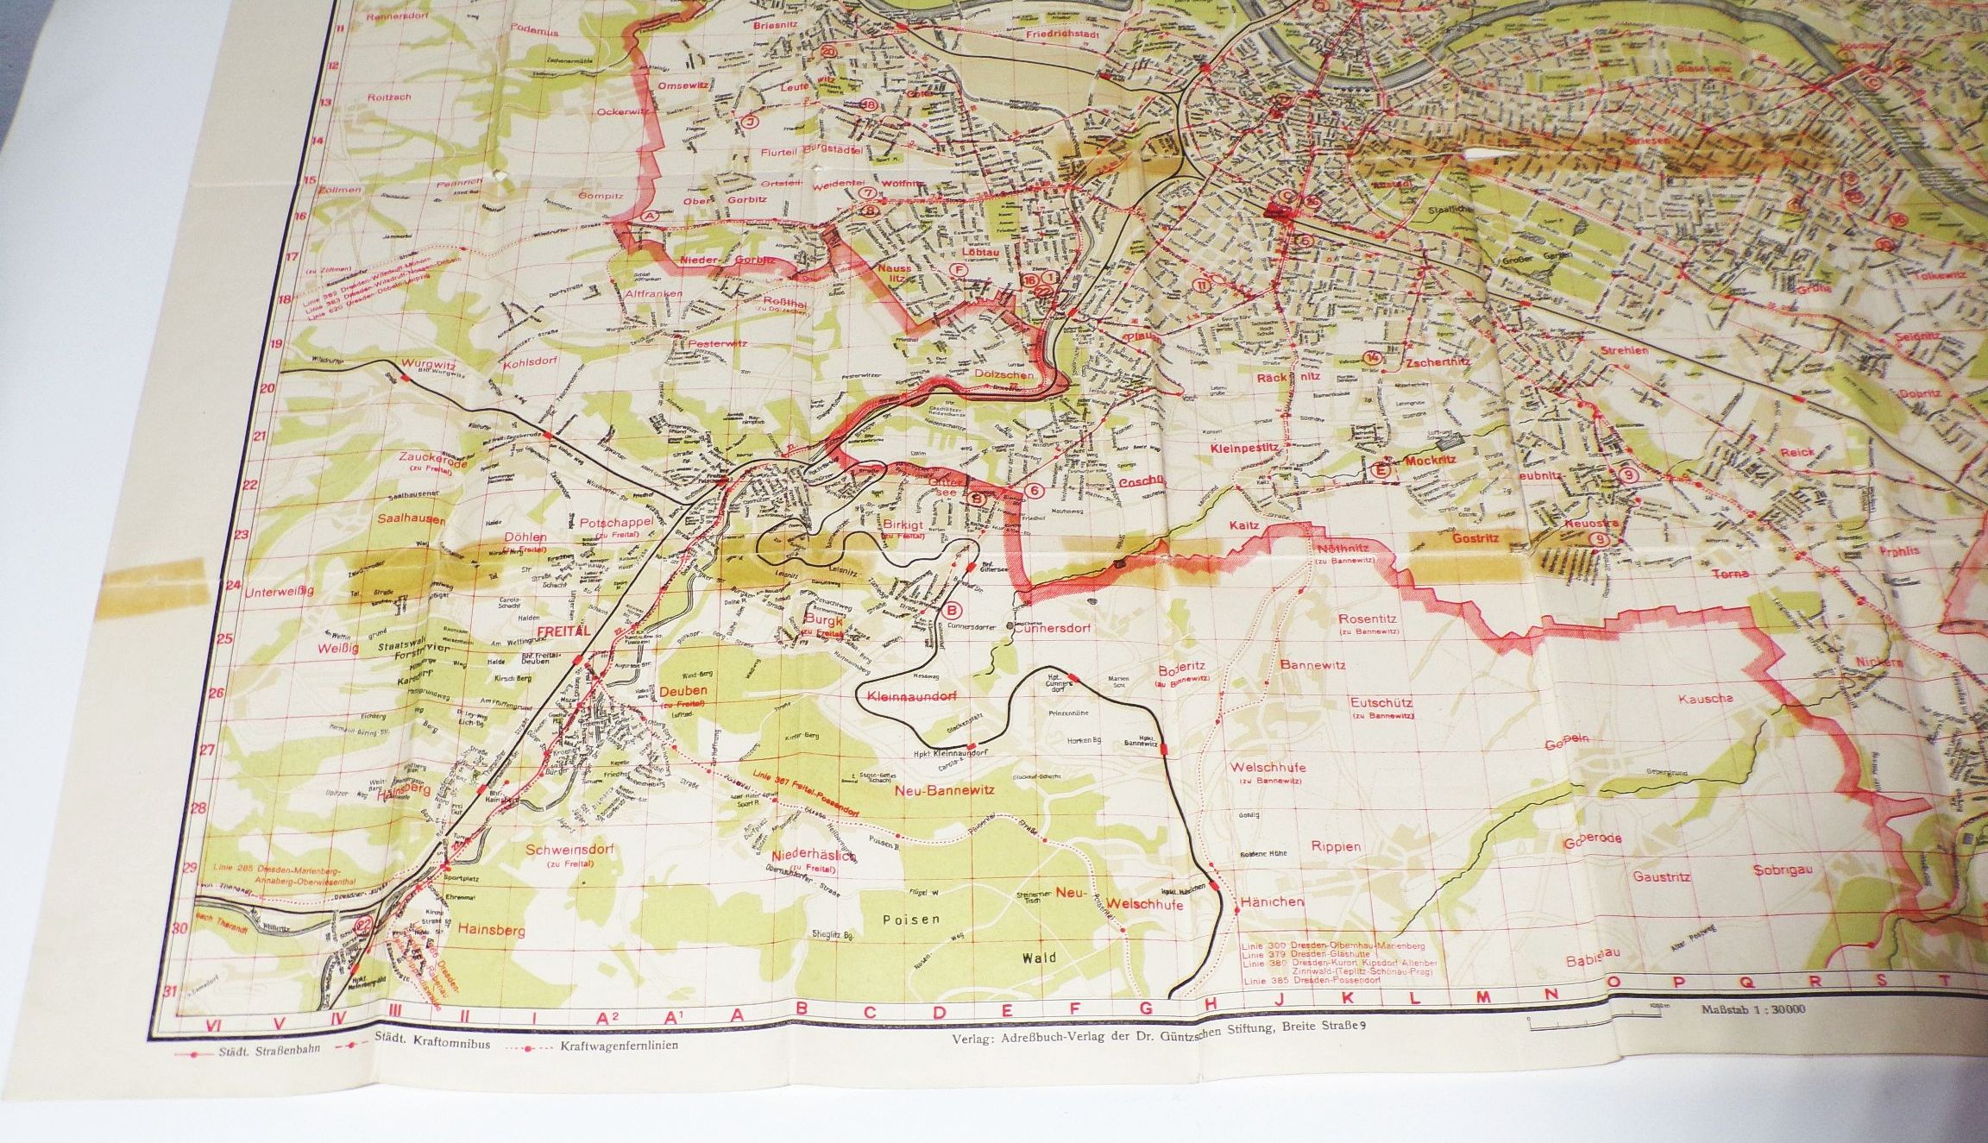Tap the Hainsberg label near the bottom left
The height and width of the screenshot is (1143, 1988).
469,931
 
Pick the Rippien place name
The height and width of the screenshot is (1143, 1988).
1337,846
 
